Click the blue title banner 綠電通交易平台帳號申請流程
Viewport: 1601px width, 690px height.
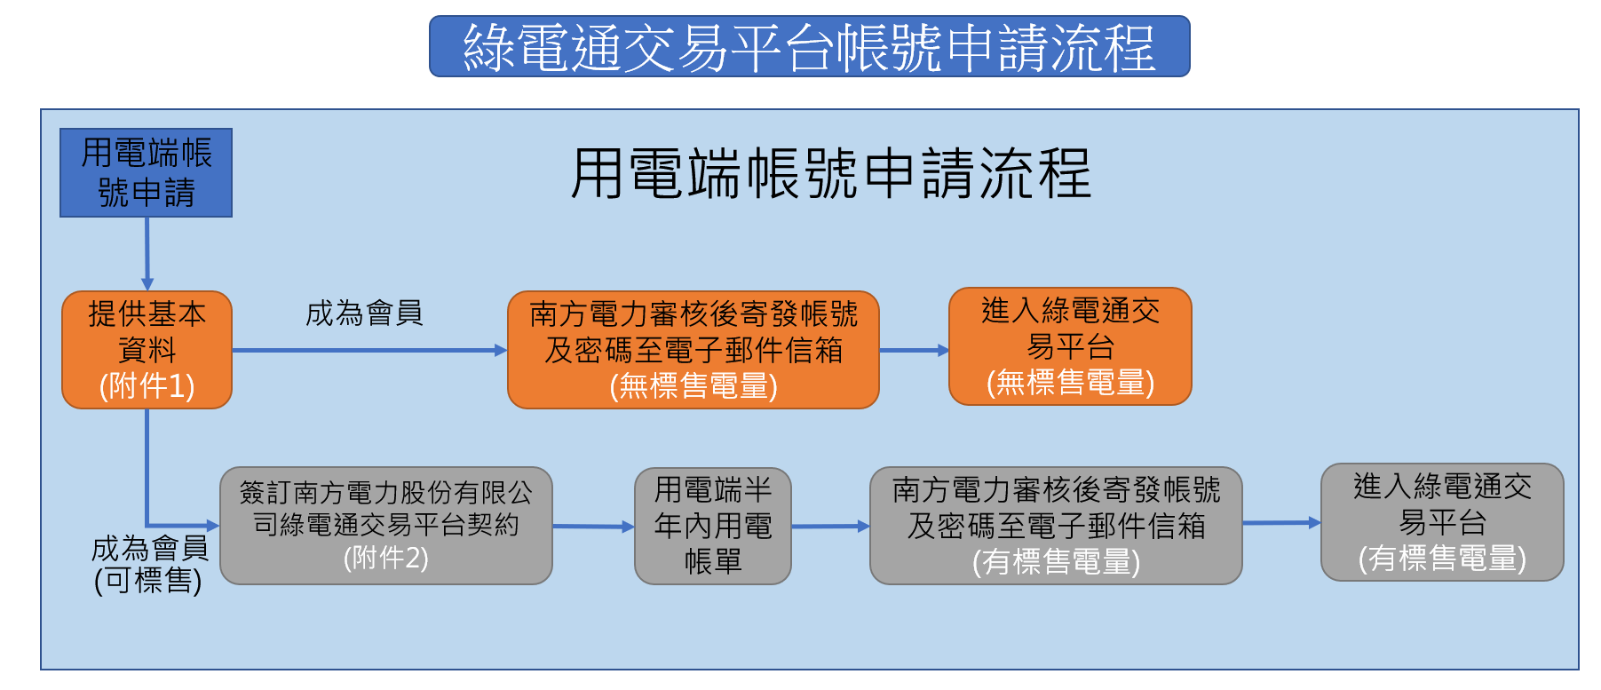[x=809, y=46]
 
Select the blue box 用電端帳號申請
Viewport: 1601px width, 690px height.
[x=147, y=172]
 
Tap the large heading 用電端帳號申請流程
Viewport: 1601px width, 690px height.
[x=830, y=173]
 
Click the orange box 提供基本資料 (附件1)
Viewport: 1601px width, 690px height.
[x=147, y=350]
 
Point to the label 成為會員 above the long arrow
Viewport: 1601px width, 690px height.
[x=364, y=313]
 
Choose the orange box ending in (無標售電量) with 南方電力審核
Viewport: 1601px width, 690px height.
[x=694, y=350]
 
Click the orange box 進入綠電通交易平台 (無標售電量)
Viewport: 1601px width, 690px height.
[x=1070, y=346]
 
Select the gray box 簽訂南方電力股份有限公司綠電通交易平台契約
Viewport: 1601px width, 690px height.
[x=386, y=526]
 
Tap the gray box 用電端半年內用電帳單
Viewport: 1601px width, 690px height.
[x=713, y=526]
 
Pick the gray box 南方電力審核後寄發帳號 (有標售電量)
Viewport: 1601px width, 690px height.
[x=1056, y=526]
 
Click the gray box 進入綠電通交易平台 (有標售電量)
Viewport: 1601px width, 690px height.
[x=1442, y=522]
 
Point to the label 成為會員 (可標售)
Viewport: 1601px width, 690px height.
[x=149, y=564]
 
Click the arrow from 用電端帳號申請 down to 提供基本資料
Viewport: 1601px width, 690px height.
[x=147, y=254]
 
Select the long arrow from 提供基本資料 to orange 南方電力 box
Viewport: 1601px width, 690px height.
[x=369, y=351]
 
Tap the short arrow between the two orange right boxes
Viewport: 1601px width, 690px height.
[x=915, y=351]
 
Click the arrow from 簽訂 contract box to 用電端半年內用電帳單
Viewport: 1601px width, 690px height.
[x=594, y=527]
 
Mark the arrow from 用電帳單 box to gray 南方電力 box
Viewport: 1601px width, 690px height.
[x=831, y=527]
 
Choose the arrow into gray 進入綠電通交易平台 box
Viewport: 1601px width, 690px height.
[x=1282, y=523]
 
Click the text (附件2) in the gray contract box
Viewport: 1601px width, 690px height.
[x=386, y=558]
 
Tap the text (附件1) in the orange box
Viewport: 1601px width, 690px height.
[x=147, y=386]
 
